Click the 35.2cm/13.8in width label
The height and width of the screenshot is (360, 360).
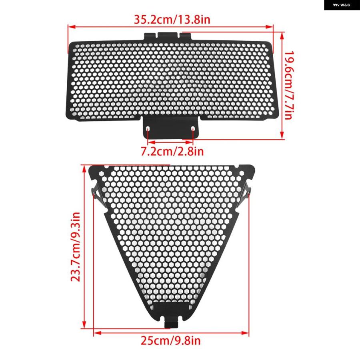pyautogui.click(x=172, y=20)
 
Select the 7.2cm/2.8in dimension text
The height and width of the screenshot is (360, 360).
pyautogui.click(x=172, y=151)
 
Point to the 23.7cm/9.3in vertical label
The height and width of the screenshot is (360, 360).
pyautogui.click(x=75, y=246)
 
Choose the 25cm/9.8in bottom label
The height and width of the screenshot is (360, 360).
pyautogui.click(x=170, y=340)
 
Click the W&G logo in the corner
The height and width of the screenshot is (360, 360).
pyautogui.click(x=342, y=5)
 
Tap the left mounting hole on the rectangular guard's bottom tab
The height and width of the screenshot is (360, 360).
pyautogui.click(x=148, y=129)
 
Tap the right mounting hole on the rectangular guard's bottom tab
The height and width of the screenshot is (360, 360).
pyautogui.click(x=193, y=129)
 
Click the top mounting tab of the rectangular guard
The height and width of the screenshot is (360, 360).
pyautogui.click(x=168, y=36)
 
